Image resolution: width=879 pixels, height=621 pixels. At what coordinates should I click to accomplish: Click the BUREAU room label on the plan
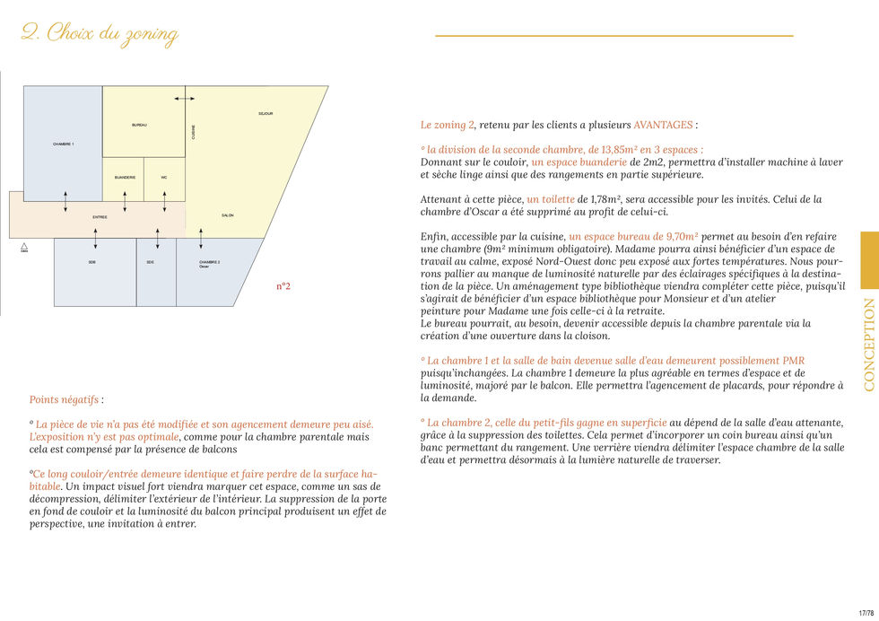[139, 125]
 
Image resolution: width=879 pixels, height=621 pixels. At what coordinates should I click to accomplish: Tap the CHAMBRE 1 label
[64, 144]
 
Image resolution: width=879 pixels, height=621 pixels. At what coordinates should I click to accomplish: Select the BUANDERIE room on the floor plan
[125, 178]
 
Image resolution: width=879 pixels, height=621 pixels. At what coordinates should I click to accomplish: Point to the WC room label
[164, 178]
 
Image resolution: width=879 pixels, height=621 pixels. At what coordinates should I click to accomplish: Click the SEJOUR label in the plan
[265, 114]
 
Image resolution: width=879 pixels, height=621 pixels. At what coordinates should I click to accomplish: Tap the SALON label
[227, 215]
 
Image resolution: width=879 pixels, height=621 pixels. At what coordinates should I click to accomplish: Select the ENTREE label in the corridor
[100, 217]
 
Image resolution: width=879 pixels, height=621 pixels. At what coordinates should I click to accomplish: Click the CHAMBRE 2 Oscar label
[209, 264]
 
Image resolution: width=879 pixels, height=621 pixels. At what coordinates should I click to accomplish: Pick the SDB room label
[91, 262]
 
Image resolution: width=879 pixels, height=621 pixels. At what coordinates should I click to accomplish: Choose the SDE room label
[150, 262]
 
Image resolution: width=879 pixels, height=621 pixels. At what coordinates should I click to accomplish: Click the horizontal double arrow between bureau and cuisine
[184, 98]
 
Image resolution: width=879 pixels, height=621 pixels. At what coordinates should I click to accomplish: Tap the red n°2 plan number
[283, 287]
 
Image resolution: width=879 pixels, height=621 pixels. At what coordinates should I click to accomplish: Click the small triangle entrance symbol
[24, 245]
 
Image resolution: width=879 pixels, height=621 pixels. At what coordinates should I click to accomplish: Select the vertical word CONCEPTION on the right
[869, 345]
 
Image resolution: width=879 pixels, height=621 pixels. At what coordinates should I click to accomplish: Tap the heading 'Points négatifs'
[65, 399]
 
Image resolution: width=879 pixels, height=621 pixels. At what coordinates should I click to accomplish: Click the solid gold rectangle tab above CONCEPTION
[869, 260]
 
